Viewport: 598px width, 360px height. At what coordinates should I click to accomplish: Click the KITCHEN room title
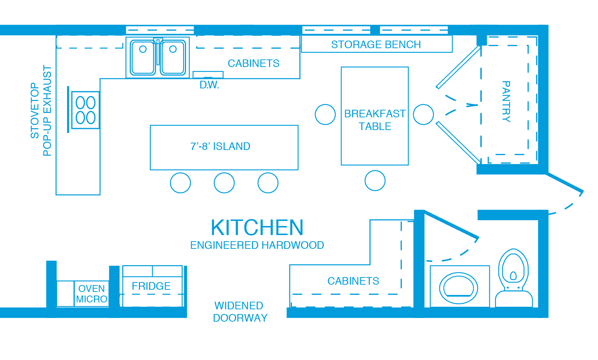(257, 227)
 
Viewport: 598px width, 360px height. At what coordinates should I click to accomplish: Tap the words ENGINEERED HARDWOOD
(257, 245)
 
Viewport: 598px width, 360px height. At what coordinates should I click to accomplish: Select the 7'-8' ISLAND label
(220, 146)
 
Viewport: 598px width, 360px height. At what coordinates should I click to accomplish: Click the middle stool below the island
(224, 183)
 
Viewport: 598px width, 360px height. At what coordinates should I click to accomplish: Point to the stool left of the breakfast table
(325, 114)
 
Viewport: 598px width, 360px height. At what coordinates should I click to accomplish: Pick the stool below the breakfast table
(375, 180)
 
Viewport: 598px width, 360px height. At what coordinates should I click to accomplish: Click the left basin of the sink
(143, 57)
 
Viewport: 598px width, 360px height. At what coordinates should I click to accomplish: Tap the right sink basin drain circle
(173, 49)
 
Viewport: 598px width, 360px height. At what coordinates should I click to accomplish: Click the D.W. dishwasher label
(209, 85)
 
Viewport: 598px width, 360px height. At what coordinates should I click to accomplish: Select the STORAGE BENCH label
(376, 45)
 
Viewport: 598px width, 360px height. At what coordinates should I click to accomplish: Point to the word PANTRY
(506, 102)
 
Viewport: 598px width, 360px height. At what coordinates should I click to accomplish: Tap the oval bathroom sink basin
(459, 288)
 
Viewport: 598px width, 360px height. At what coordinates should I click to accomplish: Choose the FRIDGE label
(151, 286)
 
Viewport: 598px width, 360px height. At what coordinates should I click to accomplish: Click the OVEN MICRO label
(92, 294)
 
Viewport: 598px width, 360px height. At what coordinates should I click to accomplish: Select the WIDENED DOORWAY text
(240, 312)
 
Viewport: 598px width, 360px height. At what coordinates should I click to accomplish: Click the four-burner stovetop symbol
(86, 110)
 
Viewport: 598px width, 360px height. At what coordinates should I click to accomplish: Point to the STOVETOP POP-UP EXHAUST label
(41, 110)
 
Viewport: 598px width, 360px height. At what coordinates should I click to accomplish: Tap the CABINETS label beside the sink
(253, 63)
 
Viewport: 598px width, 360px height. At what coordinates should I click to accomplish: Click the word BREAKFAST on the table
(375, 114)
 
